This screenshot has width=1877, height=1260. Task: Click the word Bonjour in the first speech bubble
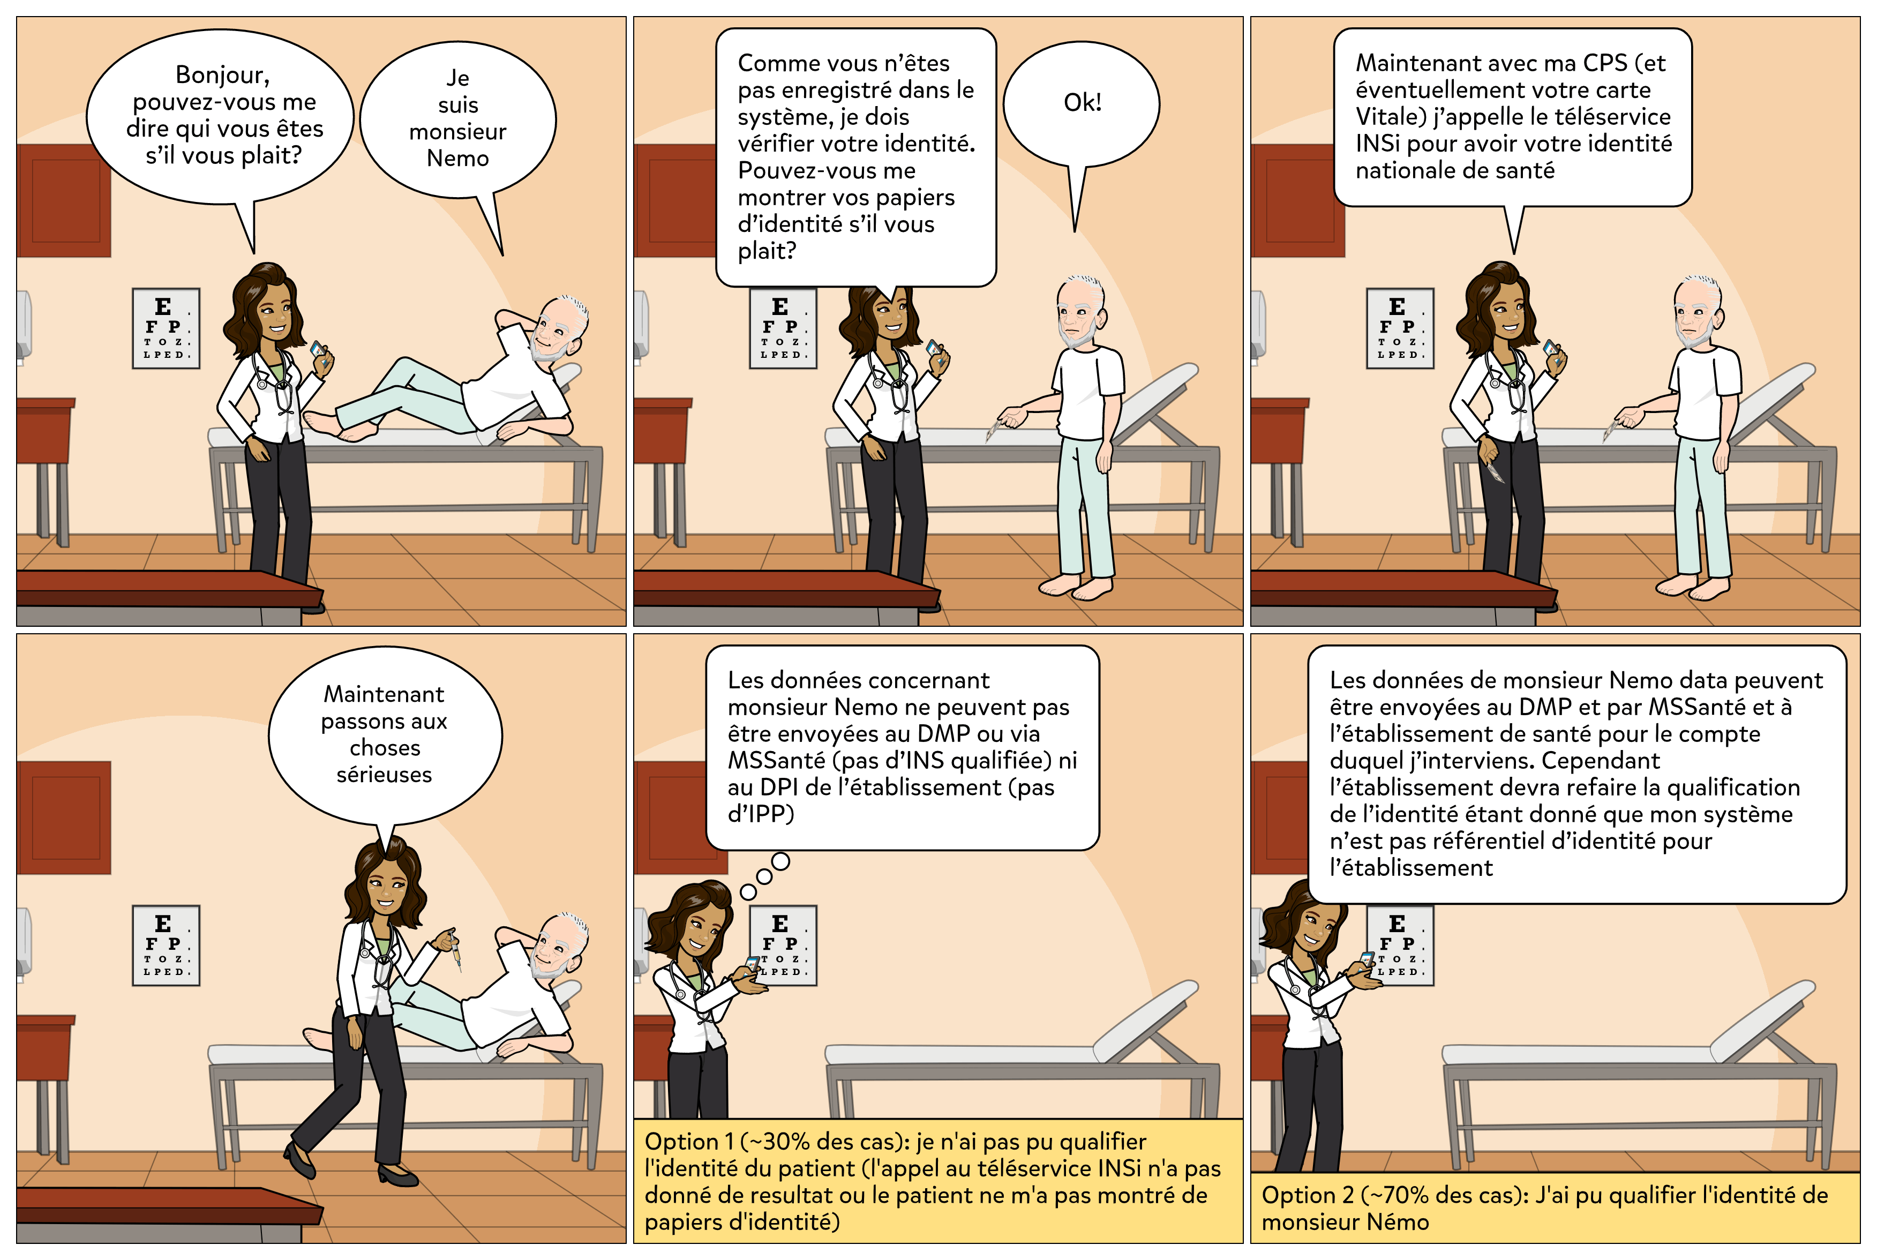[223, 76]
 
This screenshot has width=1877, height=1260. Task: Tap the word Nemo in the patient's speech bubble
[457, 159]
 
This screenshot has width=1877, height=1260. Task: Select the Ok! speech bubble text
[1082, 102]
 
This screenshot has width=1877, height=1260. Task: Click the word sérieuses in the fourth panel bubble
[384, 775]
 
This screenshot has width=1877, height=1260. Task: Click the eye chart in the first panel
[166, 328]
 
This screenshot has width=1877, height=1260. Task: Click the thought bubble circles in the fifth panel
[764, 876]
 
